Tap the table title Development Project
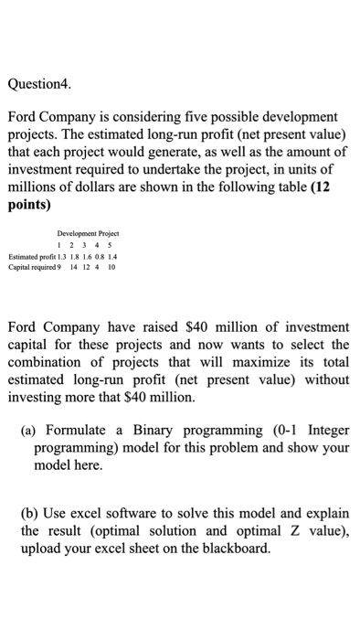88,233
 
